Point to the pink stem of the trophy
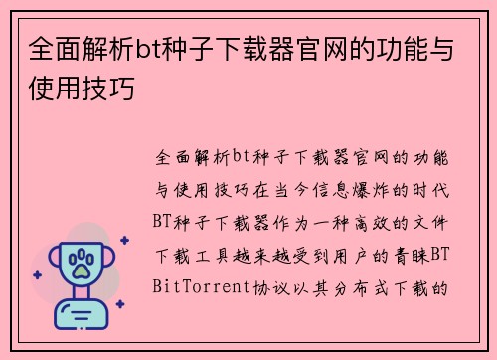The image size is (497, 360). (82, 295)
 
